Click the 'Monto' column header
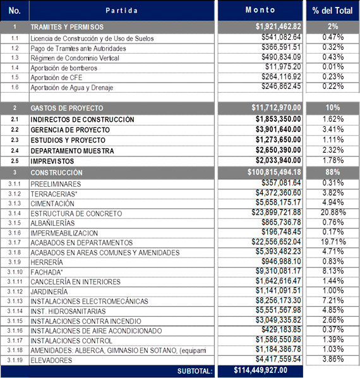[260, 10]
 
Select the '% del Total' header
[332, 11]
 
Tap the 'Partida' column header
[122, 11]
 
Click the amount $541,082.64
[281, 37]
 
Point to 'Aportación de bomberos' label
[64, 68]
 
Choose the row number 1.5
[15, 78]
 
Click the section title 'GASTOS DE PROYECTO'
[67, 109]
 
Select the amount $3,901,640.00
[278, 129]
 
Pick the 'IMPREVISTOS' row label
[52, 162]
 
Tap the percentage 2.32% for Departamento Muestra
[333, 150]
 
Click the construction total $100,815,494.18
[274, 172]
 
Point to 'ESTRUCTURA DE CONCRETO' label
[76, 214]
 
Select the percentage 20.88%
[333, 213]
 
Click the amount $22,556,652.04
[276, 242]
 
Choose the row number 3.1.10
[15, 272]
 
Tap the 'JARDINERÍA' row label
[49, 292]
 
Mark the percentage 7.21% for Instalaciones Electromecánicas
[333, 300]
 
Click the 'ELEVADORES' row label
[51, 360]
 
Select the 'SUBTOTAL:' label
[195, 371]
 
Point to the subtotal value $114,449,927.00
[260, 370]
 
